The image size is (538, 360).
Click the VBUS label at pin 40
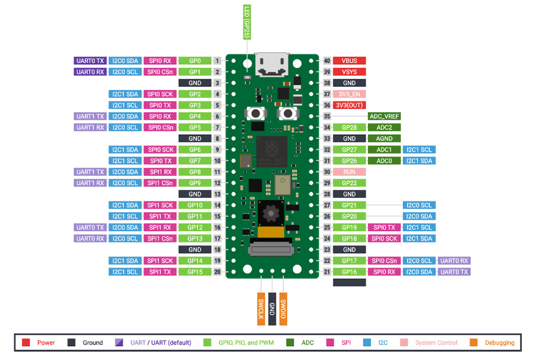(349, 61)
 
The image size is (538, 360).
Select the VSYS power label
(349, 72)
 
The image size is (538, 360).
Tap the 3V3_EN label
(349, 94)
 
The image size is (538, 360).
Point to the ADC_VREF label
(385, 117)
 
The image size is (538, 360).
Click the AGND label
(385, 138)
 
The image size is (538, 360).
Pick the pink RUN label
(349, 172)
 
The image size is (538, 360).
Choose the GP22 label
(349, 183)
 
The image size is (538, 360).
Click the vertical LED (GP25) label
(247, 22)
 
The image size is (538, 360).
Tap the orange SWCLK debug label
(261, 309)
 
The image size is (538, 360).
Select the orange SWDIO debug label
(283, 309)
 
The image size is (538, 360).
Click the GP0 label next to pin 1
(195, 61)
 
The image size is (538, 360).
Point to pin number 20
(217, 272)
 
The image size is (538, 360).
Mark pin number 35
(327, 117)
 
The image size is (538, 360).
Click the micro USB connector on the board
(272, 64)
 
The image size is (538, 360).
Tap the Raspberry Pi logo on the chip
(272, 149)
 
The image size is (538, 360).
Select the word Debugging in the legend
(499, 343)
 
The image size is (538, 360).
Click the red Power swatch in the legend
(26, 343)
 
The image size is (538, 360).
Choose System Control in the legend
(436, 343)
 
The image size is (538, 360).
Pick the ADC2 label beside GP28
(385, 127)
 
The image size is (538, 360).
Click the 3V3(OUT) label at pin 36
(349, 105)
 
